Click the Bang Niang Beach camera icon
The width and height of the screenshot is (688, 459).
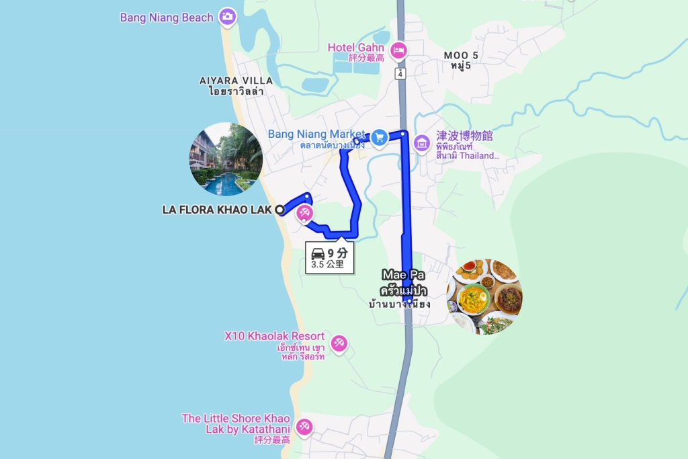click(x=227, y=17)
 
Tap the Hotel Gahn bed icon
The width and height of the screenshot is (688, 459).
click(x=399, y=50)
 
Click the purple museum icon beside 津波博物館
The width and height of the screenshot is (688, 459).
click(x=422, y=143)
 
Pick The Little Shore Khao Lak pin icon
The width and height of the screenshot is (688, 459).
click(x=304, y=426)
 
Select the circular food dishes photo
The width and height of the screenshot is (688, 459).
click(x=484, y=296)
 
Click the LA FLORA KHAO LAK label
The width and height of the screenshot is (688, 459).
click(x=216, y=210)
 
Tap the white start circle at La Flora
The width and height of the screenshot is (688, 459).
click(x=279, y=210)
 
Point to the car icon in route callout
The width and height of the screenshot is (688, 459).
click(x=318, y=253)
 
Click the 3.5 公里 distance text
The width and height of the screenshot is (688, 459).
click(x=327, y=264)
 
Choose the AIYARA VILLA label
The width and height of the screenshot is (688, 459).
click(x=236, y=81)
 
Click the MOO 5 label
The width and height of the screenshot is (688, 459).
click(x=461, y=55)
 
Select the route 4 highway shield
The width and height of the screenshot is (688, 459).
click(x=400, y=73)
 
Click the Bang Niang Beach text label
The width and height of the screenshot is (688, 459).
click(x=167, y=17)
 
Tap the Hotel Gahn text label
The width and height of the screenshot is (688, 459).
click(x=356, y=48)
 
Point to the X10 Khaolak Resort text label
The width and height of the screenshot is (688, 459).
click(x=275, y=336)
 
